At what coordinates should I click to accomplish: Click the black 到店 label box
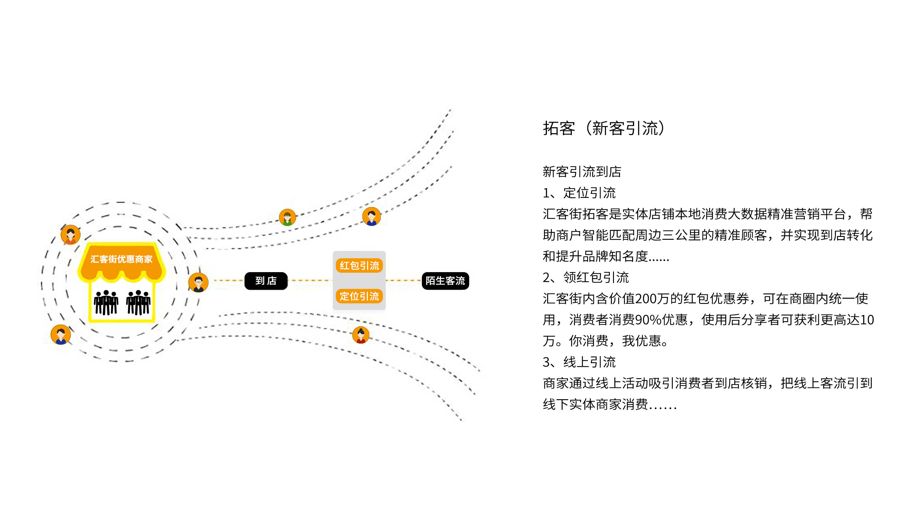(x=266, y=281)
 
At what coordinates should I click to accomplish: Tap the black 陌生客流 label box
(x=445, y=281)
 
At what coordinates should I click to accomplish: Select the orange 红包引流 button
(x=359, y=265)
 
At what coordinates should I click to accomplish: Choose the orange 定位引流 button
(x=359, y=296)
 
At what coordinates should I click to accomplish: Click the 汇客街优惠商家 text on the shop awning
(x=121, y=259)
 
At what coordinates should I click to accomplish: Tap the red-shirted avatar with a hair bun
(x=361, y=335)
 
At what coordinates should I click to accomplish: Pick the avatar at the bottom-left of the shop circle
(x=61, y=335)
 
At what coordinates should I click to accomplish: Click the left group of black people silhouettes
(x=106, y=302)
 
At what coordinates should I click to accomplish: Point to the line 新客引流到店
(x=582, y=172)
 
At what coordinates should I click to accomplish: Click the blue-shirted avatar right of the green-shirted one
(x=371, y=216)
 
